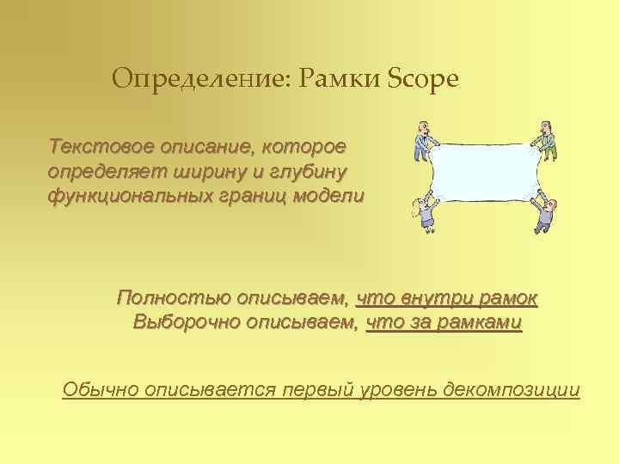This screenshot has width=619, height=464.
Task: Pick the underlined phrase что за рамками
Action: click(444, 324)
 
